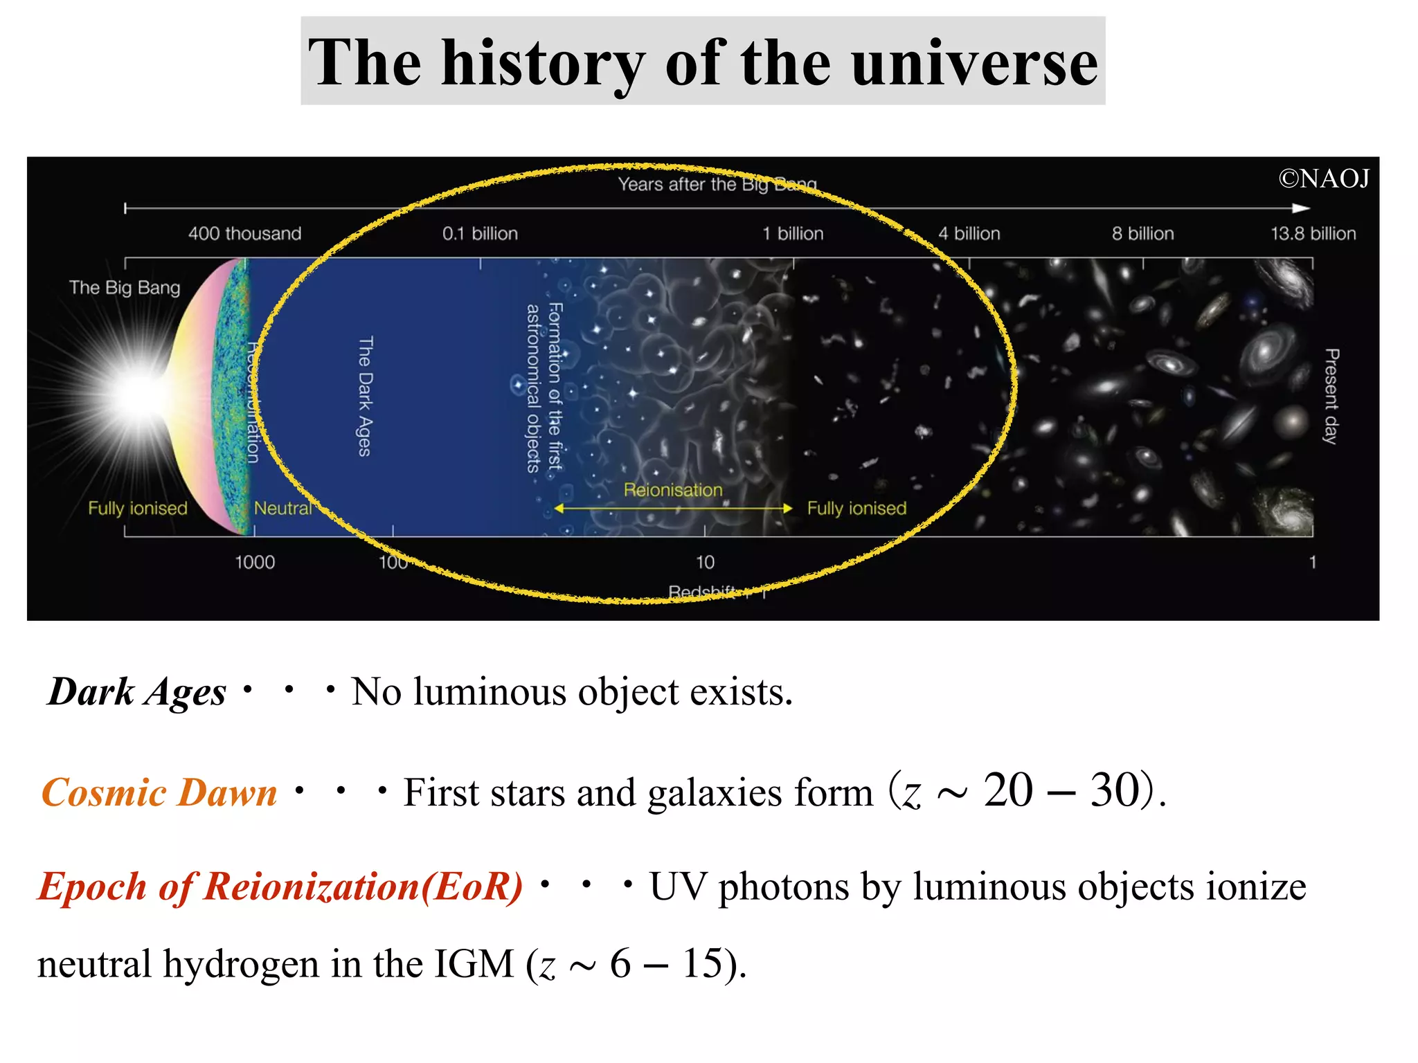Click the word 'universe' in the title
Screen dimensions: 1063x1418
(x=974, y=64)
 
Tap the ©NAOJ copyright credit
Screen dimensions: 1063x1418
(x=1323, y=179)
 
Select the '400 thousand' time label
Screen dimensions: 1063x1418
(x=244, y=234)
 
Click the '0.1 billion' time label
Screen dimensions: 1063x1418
(x=480, y=234)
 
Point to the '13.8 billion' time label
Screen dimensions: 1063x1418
(x=1313, y=234)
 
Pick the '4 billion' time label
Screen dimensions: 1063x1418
(x=969, y=234)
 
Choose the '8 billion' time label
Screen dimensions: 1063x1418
(x=1142, y=234)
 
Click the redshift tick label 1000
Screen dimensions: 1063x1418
(x=255, y=562)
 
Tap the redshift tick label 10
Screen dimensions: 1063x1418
(x=705, y=562)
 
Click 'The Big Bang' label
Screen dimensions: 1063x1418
(x=125, y=287)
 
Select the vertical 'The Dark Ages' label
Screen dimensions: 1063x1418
(x=365, y=396)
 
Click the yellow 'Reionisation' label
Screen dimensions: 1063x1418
(x=672, y=490)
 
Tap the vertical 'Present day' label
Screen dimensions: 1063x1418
(x=1331, y=396)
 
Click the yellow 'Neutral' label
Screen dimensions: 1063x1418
(x=282, y=509)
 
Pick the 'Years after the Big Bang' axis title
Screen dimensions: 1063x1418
(x=717, y=184)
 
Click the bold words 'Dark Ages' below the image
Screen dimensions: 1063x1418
(x=137, y=692)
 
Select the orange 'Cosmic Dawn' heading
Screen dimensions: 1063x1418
(x=159, y=792)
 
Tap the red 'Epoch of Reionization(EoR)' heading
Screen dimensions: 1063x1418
(x=280, y=887)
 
